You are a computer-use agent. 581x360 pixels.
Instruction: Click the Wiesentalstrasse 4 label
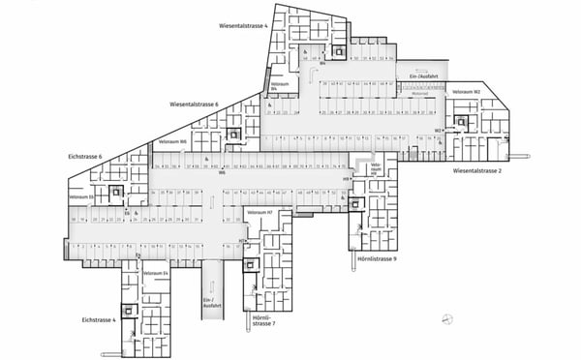tap(242, 26)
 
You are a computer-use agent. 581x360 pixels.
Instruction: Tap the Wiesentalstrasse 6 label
tap(195, 104)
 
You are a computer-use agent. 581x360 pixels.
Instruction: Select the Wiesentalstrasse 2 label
tap(477, 170)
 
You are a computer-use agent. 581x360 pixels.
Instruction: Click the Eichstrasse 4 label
tap(99, 318)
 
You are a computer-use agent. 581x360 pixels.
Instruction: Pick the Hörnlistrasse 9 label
tap(378, 259)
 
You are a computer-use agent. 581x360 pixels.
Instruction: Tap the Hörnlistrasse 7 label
tap(263, 319)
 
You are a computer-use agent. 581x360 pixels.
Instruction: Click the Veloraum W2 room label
tap(467, 92)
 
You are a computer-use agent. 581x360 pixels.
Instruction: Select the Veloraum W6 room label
tap(170, 142)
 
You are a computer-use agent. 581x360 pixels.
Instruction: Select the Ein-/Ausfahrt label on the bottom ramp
tap(209, 303)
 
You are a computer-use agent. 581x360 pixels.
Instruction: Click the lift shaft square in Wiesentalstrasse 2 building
tap(462, 123)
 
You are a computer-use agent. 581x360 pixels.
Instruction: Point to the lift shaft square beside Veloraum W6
tap(233, 134)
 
